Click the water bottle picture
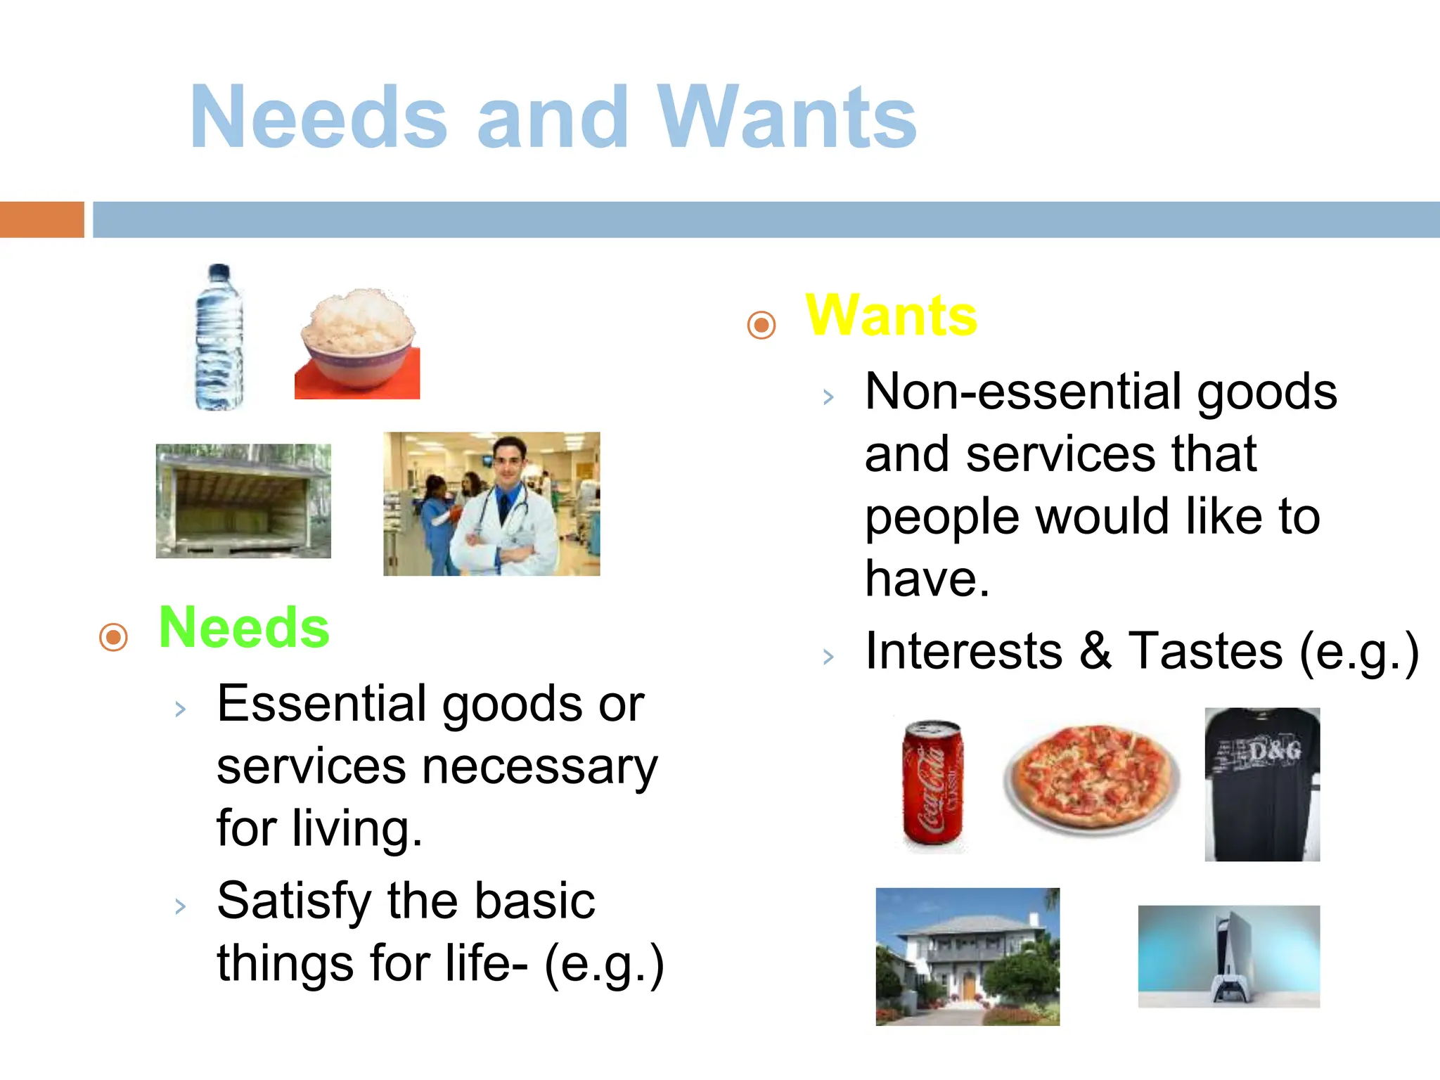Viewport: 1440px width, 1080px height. (x=219, y=337)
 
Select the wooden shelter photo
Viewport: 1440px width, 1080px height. (x=243, y=501)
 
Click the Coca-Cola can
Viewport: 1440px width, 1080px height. (x=933, y=782)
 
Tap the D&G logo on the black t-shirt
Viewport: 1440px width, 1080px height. (x=1275, y=752)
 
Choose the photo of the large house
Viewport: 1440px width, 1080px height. (x=967, y=956)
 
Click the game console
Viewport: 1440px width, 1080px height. (x=1230, y=956)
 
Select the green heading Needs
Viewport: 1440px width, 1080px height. (x=244, y=627)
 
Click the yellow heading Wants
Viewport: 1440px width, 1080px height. (x=891, y=316)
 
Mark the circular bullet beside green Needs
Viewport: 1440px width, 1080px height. (x=114, y=637)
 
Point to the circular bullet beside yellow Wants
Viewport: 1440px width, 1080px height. (x=761, y=325)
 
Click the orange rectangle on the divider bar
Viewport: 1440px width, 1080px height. (x=41, y=219)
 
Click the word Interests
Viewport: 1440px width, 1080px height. (x=964, y=651)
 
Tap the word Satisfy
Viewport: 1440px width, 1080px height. (x=293, y=901)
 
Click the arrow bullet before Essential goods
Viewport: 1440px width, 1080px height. (x=181, y=709)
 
